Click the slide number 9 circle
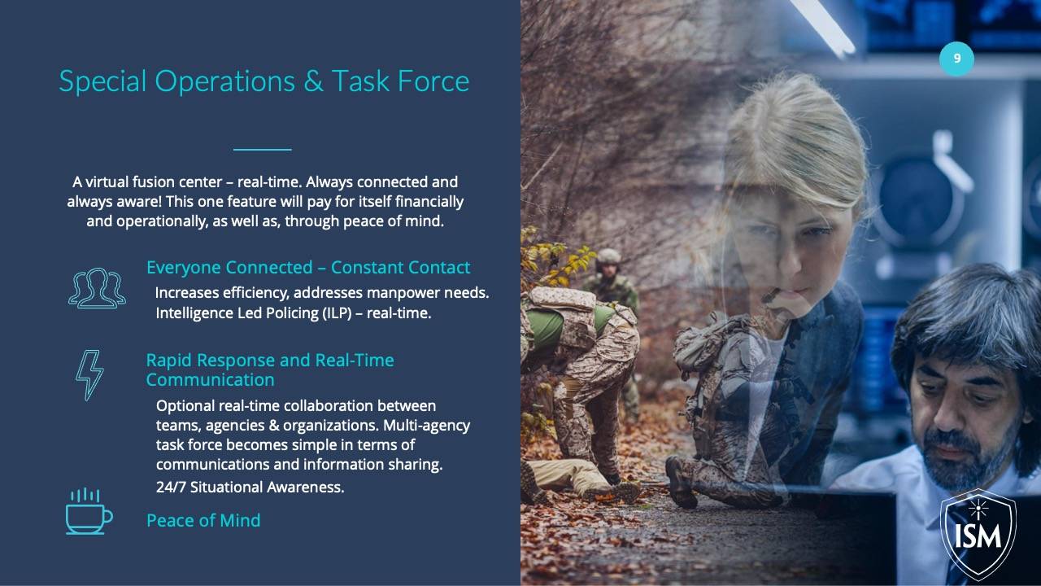click(956, 58)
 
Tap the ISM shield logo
click(978, 535)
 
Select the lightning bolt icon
click(89, 375)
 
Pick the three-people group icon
click(97, 288)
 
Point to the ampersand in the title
click(313, 81)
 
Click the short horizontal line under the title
click(262, 149)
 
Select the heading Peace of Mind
click(203, 520)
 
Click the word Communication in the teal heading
click(210, 380)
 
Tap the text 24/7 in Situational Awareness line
click(171, 487)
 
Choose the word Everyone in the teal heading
click(184, 268)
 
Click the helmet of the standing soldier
click(608, 256)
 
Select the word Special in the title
click(102, 82)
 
